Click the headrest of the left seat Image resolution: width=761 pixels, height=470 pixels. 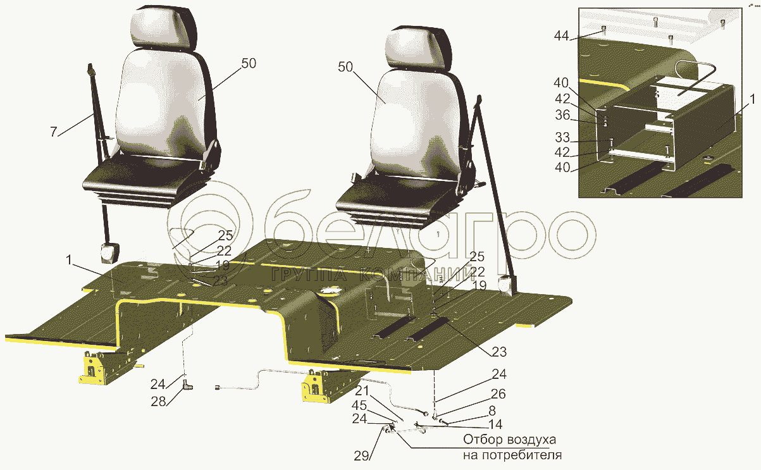tap(163, 27)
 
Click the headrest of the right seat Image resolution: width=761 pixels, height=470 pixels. tap(418, 47)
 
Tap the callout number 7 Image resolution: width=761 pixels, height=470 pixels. tap(53, 132)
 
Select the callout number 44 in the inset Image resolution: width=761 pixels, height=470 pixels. tap(561, 35)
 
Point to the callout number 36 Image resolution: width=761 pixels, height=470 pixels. tap(562, 115)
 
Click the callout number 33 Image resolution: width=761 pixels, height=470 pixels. tap(562, 137)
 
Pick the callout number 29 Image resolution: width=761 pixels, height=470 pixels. tap(361, 455)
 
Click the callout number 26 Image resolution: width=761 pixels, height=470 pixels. tap(498, 393)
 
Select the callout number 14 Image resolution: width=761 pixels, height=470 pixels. tap(495, 424)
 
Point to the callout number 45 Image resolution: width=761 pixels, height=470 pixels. tap(359, 405)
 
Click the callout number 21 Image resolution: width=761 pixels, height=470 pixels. tap(362, 391)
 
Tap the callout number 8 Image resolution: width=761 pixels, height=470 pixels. tap(492, 411)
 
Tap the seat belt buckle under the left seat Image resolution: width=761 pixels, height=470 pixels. tap(109, 253)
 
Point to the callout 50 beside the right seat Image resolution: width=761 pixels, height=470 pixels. tap(345, 67)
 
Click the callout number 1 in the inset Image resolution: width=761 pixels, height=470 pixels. tap(752, 99)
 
